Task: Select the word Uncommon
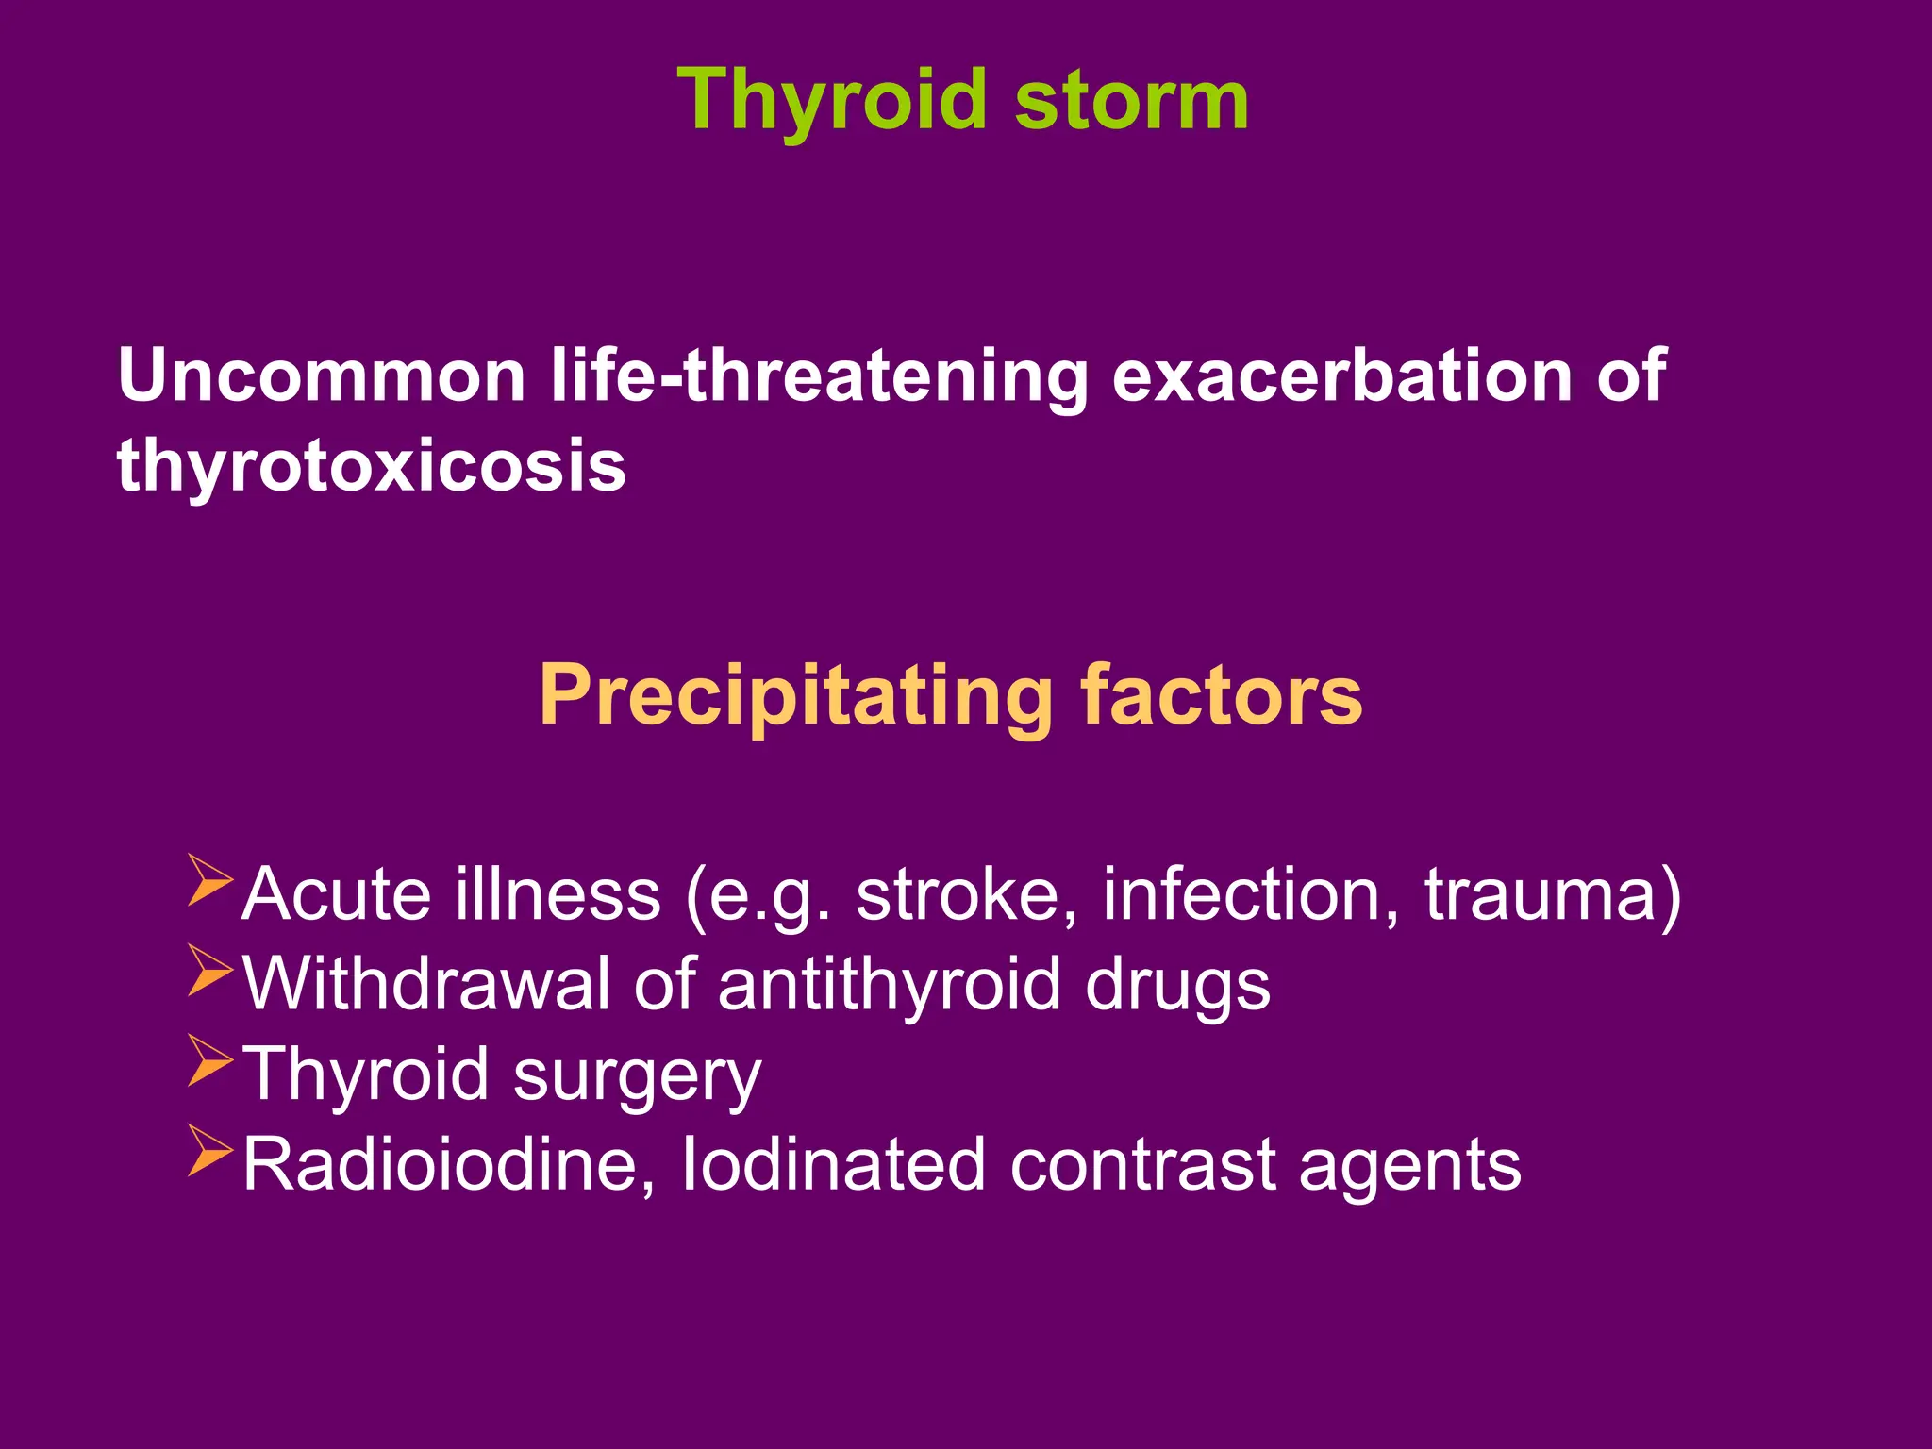point(322,375)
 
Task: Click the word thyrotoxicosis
point(372,464)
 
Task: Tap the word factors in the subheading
point(1222,695)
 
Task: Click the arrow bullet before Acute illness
point(209,879)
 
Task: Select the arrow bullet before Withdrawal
point(209,970)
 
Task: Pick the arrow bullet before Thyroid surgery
point(209,1060)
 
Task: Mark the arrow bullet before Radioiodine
point(209,1150)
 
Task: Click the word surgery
point(638,1074)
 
